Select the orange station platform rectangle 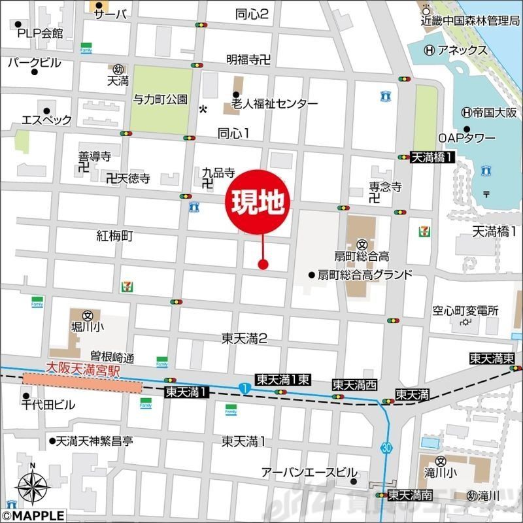tap(82, 382)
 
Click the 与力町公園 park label tap(160, 100)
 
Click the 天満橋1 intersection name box tap(433, 157)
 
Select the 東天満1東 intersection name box tap(282, 379)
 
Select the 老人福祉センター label tap(274, 104)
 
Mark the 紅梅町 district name tap(114, 236)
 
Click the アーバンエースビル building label tap(309, 472)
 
